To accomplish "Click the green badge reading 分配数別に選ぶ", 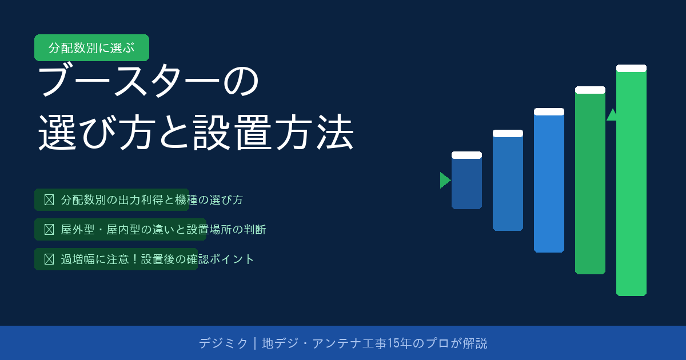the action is coord(91,48).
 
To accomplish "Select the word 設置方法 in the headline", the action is coord(273,132).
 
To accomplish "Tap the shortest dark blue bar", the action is coord(466,181).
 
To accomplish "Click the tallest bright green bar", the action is coord(631,181).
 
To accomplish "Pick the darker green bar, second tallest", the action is coord(590,181).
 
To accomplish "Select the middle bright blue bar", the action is coord(549,181).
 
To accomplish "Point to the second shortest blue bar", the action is coord(508,181).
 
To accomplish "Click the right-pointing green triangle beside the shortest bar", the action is coord(445,181).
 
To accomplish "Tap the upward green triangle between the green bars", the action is coord(612,115).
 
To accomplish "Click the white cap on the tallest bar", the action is coord(631,68).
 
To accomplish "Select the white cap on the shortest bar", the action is coord(466,155).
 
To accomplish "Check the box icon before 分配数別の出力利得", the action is coord(49,200).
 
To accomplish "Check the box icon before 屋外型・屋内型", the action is coord(49,230).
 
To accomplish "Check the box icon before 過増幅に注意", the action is coord(49,259).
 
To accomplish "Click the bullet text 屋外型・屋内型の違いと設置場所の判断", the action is coord(163,230).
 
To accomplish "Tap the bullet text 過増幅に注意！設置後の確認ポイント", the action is coord(157,259).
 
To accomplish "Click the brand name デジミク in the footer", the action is coord(223,343).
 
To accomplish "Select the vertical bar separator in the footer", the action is coord(255,343).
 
